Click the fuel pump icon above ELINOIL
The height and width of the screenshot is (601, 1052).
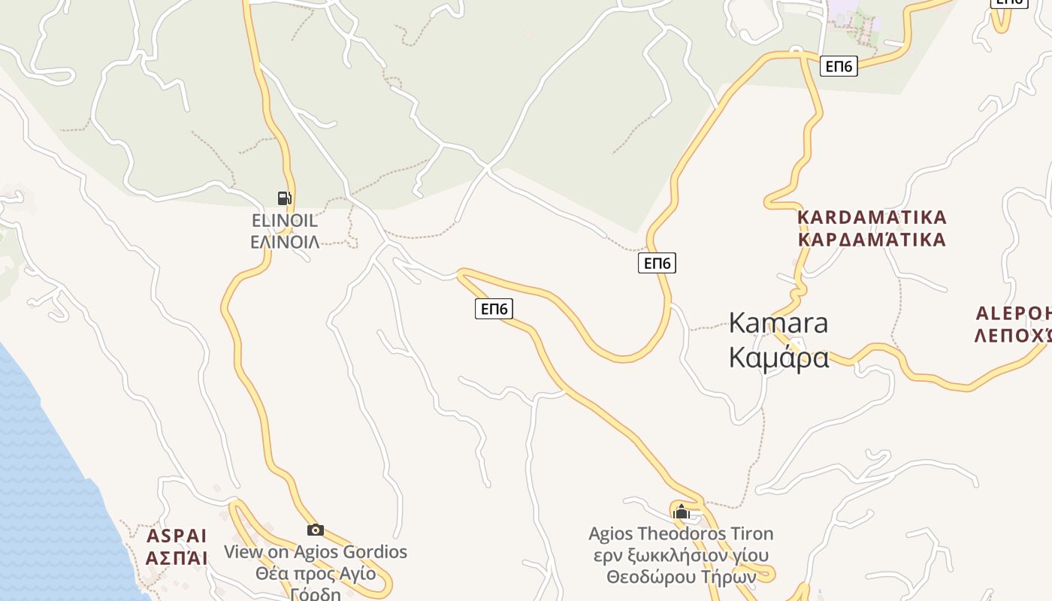(x=284, y=198)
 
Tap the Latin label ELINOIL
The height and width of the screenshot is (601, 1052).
(x=284, y=221)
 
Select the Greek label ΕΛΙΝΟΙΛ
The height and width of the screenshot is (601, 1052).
(x=284, y=241)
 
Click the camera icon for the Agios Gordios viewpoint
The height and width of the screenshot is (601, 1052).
(x=316, y=530)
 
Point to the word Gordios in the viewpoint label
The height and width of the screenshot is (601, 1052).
(x=375, y=552)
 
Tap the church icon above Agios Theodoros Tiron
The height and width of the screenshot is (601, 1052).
(x=682, y=512)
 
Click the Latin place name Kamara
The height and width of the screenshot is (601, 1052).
(x=778, y=323)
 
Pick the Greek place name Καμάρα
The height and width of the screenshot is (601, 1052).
(x=778, y=358)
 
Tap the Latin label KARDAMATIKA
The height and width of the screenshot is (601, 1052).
(x=872, y=218)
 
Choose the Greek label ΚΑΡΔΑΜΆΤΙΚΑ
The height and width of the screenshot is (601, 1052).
(x=872, y=240)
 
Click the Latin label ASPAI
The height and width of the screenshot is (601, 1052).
(x=177, y=536)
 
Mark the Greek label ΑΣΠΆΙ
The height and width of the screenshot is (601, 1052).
(x=177, y=558)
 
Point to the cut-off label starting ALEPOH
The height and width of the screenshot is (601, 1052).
(x=1013, y=313)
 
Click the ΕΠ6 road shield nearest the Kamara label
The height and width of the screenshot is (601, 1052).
(x=657, y=263)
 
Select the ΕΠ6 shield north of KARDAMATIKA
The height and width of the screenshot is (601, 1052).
(x=838, y=66)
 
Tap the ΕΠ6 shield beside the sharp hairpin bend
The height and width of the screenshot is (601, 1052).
(x=494, y=309)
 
